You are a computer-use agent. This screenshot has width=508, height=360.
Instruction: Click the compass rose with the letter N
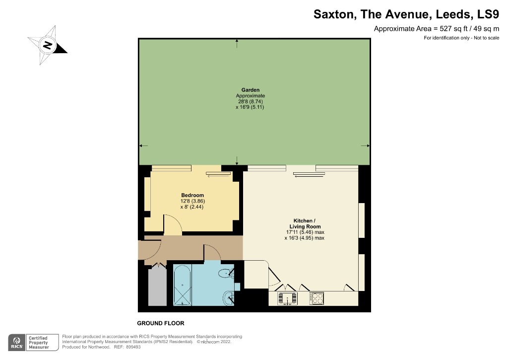(x=48, y=46)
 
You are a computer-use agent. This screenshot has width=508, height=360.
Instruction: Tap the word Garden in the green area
(x=250, y=90)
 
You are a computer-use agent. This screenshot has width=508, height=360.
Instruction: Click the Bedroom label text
(x=192, y=195)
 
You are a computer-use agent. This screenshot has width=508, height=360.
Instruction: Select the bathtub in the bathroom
(x=182, y=285)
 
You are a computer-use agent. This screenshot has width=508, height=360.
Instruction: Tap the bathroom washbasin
(x=228, y=298)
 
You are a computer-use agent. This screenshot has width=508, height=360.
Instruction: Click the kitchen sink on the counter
(x=287, y=298)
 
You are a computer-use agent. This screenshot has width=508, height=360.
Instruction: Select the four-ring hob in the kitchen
(x=317, y=298)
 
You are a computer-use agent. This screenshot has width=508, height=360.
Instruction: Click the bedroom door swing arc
(x=173, y=224)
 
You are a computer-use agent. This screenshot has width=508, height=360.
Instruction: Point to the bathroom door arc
(x=212, y=252)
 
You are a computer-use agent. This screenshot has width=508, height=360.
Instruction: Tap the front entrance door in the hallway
(x=151, y=246)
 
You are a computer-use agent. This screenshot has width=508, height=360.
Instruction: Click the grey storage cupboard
(x=157, y=288)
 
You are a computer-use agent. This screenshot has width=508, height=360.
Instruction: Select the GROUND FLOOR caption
(x=160, y=323)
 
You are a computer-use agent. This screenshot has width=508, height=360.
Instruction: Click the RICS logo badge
(x=18, y=342)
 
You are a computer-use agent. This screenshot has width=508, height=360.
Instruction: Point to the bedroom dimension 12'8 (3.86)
(x=192, y=201)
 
